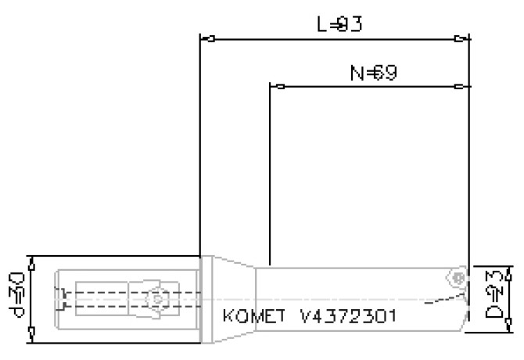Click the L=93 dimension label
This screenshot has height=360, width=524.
click(339, 24)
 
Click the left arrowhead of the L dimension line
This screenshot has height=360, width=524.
click(208, 38)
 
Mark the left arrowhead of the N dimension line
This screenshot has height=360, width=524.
click(276, 86)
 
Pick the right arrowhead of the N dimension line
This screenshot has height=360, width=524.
click(463, 86)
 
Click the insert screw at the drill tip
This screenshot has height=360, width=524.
click(458, 277)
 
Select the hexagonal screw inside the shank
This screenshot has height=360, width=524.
click(157, 298)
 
